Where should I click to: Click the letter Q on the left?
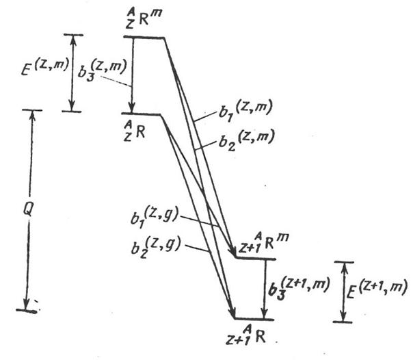pos(28,209)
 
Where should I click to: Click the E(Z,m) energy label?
pos(45,66)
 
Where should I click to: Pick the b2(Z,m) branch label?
pos(247,140)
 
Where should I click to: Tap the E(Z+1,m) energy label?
pos(376,289)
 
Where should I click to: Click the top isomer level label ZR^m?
pos(142,19)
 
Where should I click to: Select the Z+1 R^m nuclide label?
pos(263,242)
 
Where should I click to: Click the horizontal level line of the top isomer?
pos(144,38)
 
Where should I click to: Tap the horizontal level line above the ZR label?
pos(141,114)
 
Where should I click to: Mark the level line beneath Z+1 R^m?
pos(256,258)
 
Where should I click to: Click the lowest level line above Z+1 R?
pos(254,320)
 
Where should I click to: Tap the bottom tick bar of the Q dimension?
pos(27,311)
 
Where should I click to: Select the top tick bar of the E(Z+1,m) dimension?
pos(344,262)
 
